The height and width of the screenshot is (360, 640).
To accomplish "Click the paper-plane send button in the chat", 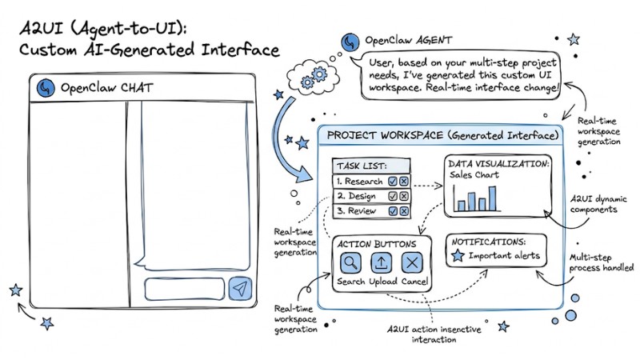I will pyautogui.click(x=240, y=289).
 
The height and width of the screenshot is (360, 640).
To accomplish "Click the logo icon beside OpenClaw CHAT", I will pyautogui.click(x=46, y=88).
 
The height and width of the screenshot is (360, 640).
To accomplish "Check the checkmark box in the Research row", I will pyautogui.click(x=392, y=182).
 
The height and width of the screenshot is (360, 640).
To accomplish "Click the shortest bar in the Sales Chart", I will pyautogui.click(x=459, y=206).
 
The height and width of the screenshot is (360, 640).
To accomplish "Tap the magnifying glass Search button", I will pyautogui.click(x=350, y=263).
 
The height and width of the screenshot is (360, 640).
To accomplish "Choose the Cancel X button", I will pyautogui.click(x=412, y=263).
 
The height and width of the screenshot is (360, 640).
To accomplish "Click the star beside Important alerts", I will pyautogui.click(x=458, y=256).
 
